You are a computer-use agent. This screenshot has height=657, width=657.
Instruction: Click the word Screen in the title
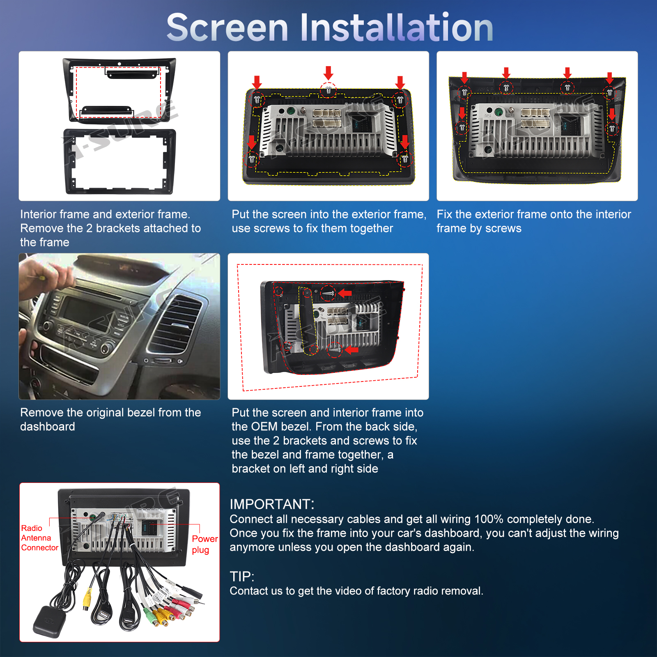pos(227,28)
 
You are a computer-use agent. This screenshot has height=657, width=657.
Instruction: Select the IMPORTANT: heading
pos(272,504)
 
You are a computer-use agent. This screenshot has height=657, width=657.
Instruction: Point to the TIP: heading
pos(242,577)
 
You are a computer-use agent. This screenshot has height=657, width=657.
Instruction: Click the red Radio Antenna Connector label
pos(39,538)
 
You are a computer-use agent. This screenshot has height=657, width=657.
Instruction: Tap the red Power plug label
pos(204,544)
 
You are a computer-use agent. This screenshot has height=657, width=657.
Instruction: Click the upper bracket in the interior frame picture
pos(132,73)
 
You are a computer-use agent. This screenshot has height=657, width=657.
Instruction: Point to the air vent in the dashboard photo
pos(175,324)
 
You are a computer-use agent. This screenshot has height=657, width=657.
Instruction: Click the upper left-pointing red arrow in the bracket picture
pos(345,293)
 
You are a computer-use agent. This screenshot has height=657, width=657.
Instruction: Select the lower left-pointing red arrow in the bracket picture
pos(351,350)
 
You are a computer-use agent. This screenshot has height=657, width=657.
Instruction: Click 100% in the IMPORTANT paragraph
pos(489,519)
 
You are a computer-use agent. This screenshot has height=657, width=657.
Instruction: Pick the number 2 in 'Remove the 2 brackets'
pos(90,228)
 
